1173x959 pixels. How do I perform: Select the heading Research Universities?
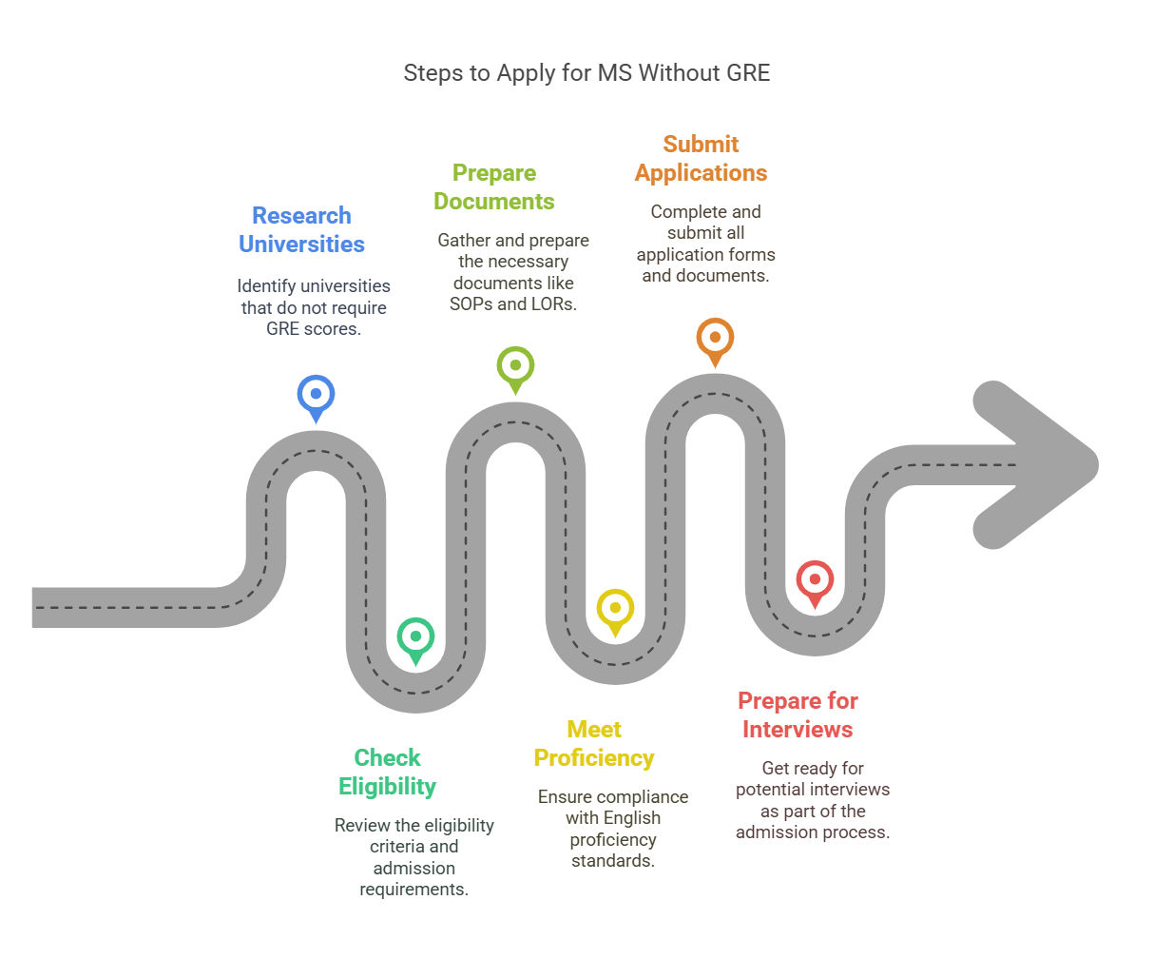[301, 229]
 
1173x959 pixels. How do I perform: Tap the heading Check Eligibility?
[387, 772]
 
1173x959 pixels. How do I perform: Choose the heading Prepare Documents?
[494, 186]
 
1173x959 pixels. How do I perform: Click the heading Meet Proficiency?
[593, 743]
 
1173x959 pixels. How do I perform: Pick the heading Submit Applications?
[701, 158]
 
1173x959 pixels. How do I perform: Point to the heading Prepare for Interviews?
[798, 714]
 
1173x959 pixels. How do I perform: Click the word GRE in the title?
[746, 73]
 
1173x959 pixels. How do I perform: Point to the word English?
[632, 817]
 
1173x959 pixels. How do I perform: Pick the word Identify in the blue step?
[266, 286]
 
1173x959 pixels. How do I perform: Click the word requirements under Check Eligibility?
[413, 889]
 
